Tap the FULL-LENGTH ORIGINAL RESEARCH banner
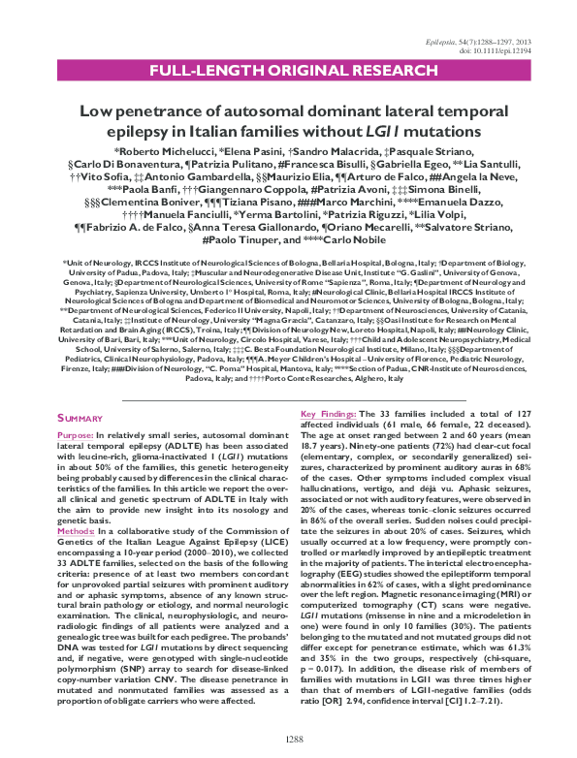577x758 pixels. [288, 72]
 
